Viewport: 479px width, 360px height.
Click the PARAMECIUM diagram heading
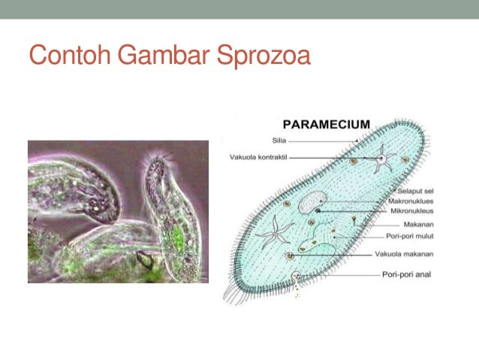(327, 124)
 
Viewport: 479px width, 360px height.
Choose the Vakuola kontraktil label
(258, 157)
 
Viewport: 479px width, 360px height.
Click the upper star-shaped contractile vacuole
(382, 159)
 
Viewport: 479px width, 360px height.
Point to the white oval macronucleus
(313, 203)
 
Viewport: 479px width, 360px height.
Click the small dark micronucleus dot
(318, 211)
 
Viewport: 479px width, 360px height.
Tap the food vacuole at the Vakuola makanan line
(291, 256)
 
